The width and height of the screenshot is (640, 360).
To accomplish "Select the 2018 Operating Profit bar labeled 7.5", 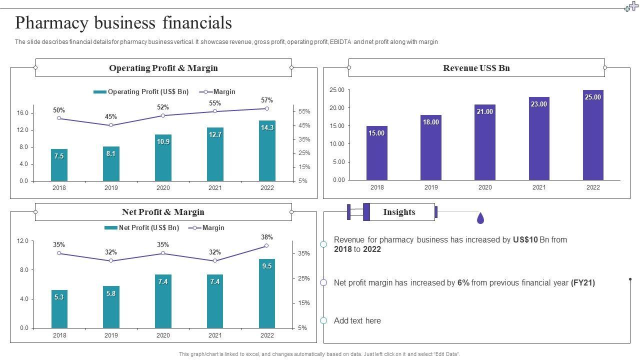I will [59, 165].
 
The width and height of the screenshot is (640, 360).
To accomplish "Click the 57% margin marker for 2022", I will [267, 108].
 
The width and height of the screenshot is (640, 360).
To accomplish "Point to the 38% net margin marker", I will [267, 245].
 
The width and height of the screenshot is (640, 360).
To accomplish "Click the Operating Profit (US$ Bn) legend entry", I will [141, 92].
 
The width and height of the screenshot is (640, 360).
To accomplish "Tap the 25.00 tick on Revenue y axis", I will [337, 90].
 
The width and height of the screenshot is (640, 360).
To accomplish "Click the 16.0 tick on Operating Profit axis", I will [22, 113].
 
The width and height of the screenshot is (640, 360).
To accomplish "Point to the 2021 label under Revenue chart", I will [539, 187].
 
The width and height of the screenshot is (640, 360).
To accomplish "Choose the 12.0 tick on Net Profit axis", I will [22, 241].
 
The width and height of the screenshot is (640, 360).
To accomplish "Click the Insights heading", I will [399, 212].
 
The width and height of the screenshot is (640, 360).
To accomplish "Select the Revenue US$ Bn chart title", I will [476, 68].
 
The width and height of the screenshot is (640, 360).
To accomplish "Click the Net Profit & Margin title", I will [163, 212].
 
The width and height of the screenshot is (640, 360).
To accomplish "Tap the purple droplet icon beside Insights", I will [480, 218].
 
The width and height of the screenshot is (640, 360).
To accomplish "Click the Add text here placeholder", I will [357, 321].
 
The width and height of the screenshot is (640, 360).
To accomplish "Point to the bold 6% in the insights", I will [463, 283].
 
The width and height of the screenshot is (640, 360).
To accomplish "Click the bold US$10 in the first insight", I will [525, 240].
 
